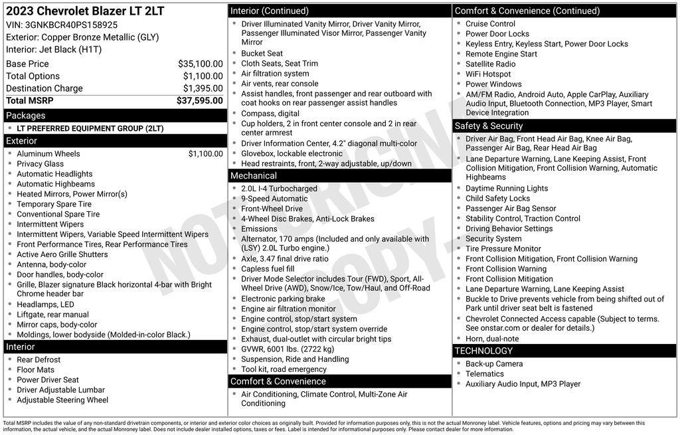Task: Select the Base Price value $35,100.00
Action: [200, 64]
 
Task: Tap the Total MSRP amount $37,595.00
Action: [199, 100]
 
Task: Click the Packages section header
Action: [26, 116]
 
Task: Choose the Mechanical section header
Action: [254, 175]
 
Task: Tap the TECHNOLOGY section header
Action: [483, 351]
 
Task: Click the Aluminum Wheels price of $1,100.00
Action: [205, 153]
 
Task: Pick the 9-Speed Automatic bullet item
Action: [274, 199]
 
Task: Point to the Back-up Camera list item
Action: [494, 364]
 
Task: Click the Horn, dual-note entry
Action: [492, 339]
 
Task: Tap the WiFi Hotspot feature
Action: [488, 74]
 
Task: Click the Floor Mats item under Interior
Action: [36, 370]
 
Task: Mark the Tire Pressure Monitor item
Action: [503, 249]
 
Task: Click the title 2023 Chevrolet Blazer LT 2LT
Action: [85, 11]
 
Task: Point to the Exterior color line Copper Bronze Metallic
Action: [82, 37]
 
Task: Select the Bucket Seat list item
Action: [262, 53]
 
